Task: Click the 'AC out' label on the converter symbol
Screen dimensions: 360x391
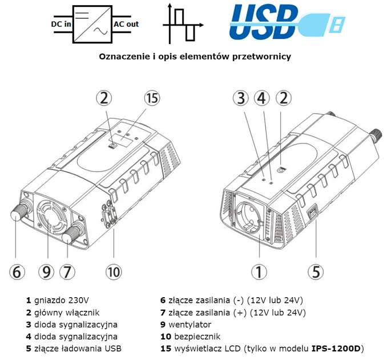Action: (x=127, y=24)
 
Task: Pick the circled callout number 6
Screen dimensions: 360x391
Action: (x=17, y=271)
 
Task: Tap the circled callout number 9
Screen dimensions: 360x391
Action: (x=48, y=271)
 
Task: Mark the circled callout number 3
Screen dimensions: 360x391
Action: (x=241, y=98)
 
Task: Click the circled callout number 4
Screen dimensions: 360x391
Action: (x=261, y=98)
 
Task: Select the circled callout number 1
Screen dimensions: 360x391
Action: (x=259, y=271)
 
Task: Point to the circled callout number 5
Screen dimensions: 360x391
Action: (x=315, y=271)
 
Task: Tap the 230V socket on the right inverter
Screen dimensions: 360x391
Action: (x=249, y=220)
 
